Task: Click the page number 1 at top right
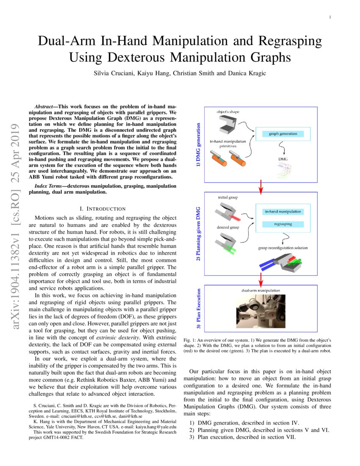coord(330,17)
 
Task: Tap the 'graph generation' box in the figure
coord(283,134)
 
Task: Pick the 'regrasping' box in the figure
coord(282,223)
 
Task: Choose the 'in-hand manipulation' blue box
coord(282,211)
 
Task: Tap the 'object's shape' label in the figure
coord(228,111)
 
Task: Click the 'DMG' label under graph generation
coord(282,159)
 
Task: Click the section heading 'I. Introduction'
coord(102,208)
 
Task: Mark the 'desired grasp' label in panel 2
coord(228,227)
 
